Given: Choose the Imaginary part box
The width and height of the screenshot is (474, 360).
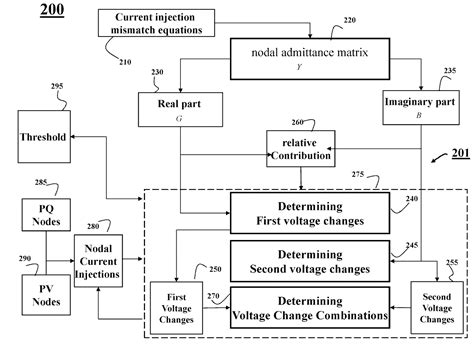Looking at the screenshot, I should click(x=420, y=109).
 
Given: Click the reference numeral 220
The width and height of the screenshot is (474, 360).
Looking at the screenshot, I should click(x=348, y=21).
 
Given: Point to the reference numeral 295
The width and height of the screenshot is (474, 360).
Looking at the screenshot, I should click(x=57, y=87).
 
